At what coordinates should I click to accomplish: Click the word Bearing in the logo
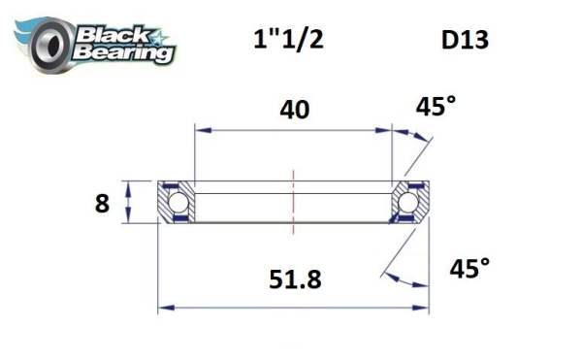click(x=121, y=52)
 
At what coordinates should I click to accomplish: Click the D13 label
click(x=465, y=41)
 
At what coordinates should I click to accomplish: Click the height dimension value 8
click(x=102, y=204)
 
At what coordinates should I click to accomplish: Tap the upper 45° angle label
click(x=436, y=108)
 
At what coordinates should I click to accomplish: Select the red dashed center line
click(x=293, y=202)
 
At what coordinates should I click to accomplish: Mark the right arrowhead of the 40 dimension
click(x=387, y=127)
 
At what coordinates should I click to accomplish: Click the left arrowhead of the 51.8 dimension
click(x=164, y=309)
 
